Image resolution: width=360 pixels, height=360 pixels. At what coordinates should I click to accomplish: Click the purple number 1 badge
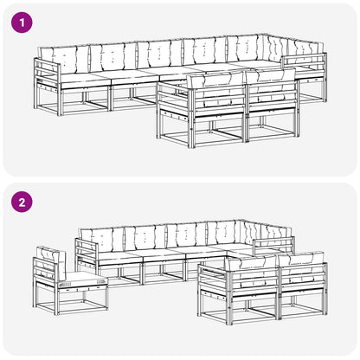click(x=22, y=22)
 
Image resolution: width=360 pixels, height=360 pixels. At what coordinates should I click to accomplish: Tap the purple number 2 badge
click(x=22, y=202)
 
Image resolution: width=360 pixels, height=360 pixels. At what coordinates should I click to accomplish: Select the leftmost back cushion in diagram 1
click(x=65, y=60)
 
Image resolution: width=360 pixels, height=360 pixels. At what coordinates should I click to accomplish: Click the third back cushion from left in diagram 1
click(x=159, y=55)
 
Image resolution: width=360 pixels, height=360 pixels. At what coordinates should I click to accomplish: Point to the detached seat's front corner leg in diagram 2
click(x=56, y=300)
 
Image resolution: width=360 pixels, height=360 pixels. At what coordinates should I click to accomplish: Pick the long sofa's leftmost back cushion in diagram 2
click(x=101, y=239)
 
